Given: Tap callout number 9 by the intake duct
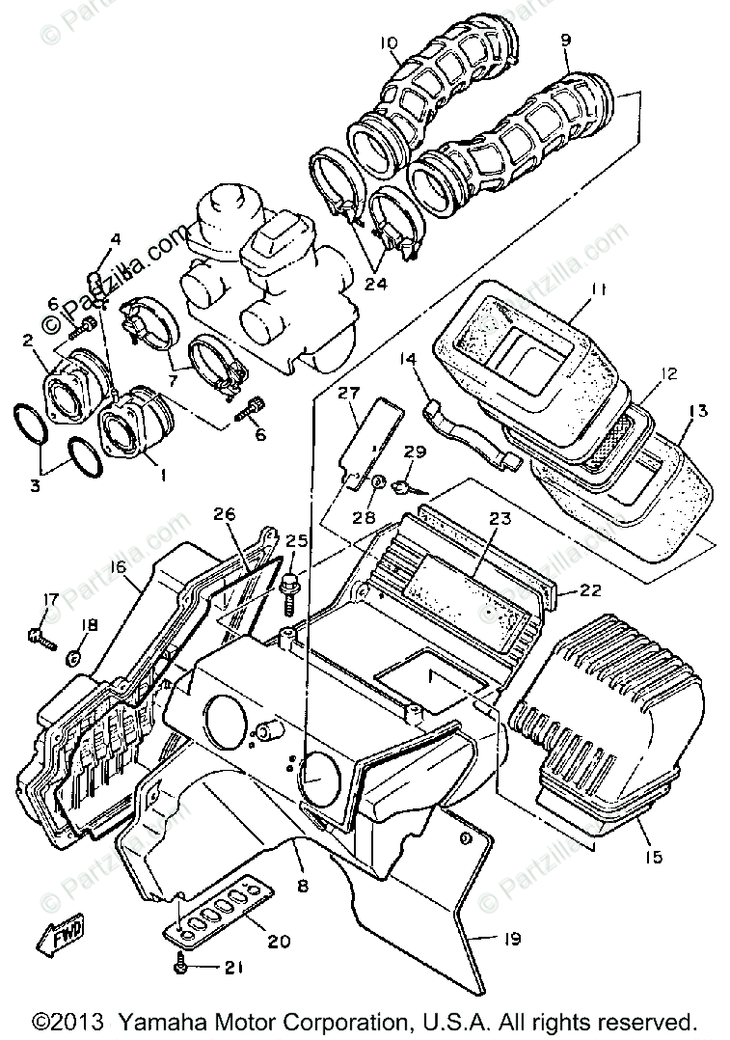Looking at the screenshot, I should [x=565, y=41].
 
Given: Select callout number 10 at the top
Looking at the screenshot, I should [x=388, y=43].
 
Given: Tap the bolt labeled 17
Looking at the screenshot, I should [x=39, y=635].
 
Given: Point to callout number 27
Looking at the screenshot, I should [x=348, y=394].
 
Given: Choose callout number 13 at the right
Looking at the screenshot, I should [x=698, y=411].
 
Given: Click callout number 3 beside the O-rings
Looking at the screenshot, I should [x=36, y=486].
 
